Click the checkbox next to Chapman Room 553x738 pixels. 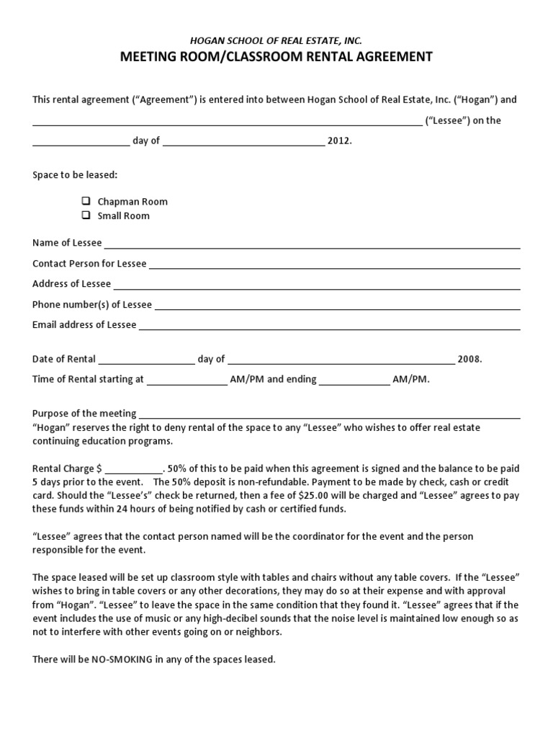tap(86, 202)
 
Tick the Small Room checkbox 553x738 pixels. tap(86, 215)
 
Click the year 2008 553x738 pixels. tap(468, 359)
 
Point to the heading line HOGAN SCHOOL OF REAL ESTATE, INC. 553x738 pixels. tap(276, 42)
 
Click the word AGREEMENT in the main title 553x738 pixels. tap(389, 57)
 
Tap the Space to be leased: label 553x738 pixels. tap(75, 175)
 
